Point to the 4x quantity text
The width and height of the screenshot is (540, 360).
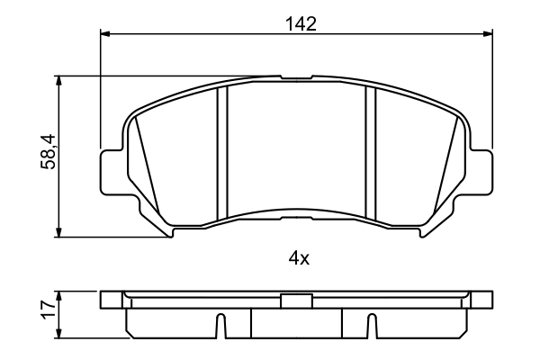[x=299, y=259]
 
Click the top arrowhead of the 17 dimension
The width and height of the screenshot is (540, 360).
[x=60, y=294]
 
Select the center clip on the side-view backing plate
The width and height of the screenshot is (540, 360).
[x=296, y=302]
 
